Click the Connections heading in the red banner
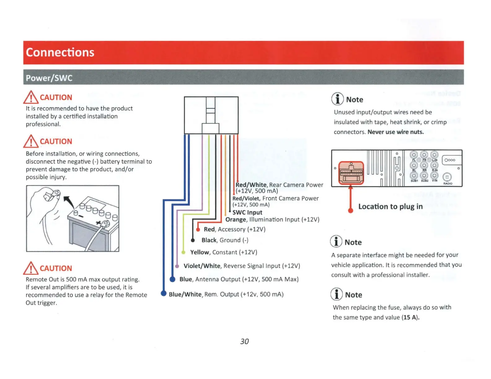(60, 52)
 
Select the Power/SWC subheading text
(49, 78)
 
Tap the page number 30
(244, 341)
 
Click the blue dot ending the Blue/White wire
(164, 293)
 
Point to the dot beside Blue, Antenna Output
(173, 279)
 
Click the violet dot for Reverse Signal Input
(177, 266)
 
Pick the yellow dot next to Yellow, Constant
(183, 252)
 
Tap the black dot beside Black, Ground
(192, 240)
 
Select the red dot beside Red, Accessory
(198, 229)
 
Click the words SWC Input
(247, 212)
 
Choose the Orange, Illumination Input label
(272, 220)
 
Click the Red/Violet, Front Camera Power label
(275, 198)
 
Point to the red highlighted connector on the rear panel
(351, 173)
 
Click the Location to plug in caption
(390, 207)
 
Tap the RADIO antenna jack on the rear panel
(447, 177)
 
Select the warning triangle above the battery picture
(31, 141)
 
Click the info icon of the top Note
(338, 99)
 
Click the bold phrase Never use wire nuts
(396, 132)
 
